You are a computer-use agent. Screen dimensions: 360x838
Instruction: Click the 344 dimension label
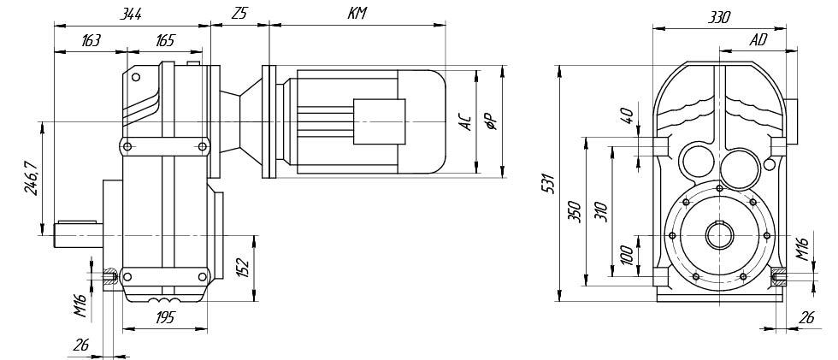tap(131, 15)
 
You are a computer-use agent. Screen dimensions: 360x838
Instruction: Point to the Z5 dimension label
tap(239, 15)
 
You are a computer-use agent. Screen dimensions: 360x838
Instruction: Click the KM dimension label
tap(357, 15)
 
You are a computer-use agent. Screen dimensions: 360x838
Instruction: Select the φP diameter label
tap(491, 121)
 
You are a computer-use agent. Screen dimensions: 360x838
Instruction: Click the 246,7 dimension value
tap(32, 178)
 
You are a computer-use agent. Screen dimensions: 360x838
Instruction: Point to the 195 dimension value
tap(165, 318)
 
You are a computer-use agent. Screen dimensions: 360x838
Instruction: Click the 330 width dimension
tap(720, 17)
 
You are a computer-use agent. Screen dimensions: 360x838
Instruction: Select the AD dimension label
tap(758, 40)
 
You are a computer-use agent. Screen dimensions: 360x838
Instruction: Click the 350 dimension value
tap(575, 210)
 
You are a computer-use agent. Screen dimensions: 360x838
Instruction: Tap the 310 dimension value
tap(601, 210)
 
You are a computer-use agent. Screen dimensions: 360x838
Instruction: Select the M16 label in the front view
tap(802, 249)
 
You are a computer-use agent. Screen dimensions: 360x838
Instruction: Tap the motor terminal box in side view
tap(380, 121)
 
